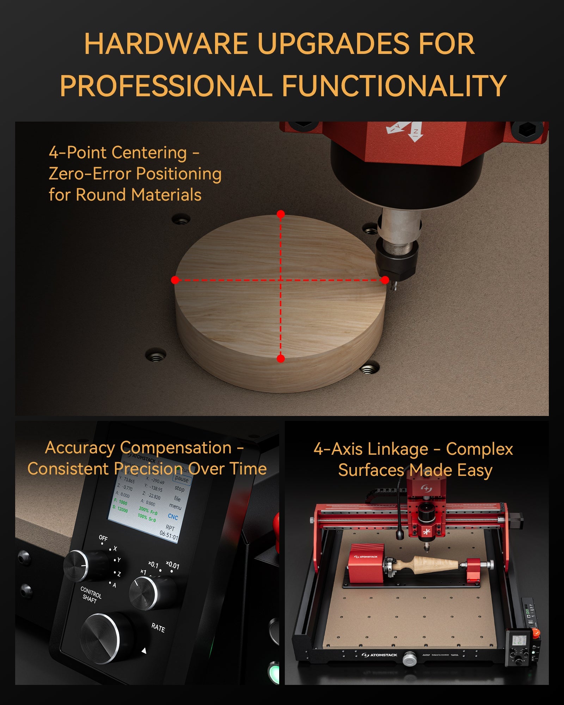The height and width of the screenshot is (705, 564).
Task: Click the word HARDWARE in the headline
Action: pos(166,44)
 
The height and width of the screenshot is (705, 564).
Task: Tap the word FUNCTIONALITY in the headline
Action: pos(394,86)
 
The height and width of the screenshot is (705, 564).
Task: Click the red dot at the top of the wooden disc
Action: pos(281,214)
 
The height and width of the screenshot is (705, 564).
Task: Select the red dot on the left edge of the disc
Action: pos(175,280)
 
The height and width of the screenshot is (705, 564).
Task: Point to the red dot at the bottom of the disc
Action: pos(281,358)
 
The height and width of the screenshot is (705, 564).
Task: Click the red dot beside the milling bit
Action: pos(385,280)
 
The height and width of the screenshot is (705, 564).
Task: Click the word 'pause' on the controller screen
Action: pos(182,479)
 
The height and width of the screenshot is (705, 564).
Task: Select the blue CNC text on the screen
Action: pos(173,516)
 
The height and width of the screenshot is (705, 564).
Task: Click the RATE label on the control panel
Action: pos(158,628)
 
